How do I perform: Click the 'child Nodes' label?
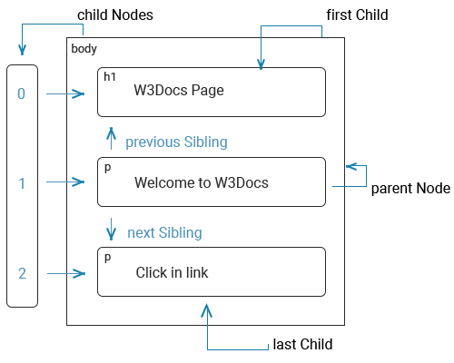tap(115, 15)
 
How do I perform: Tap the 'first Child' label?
tap(357, 15)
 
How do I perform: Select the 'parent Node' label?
tap(410, 188)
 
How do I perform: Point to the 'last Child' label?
tap(302, 344)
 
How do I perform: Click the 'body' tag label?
tap(84, 49)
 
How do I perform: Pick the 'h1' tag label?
tap(110, 77)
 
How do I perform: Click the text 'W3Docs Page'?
tap(179, 90)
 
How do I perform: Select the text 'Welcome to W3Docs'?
tap(202, 182)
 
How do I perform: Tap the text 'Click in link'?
tap(172, 272)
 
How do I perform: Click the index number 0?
tap(21, 93)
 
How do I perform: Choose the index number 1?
tap(22, 183)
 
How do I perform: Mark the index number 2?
tap(22, 273)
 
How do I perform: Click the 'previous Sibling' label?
tap(176, 142)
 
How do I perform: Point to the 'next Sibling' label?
tap(164, 233)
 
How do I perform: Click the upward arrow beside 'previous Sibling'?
tap(111, 139)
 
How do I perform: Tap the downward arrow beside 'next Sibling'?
tap(111, 229)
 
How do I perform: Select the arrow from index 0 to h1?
tap(65, 94)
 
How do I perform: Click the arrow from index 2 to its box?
tap(66, 273)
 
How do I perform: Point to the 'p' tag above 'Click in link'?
tap(107, 258)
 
